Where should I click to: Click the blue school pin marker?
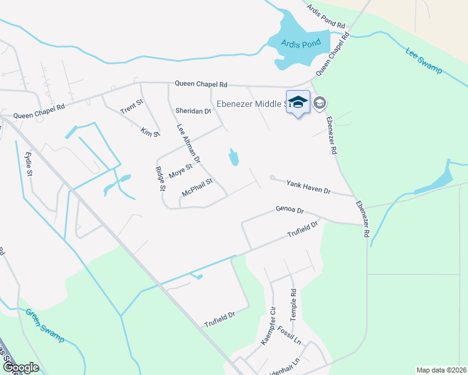click(x=298, y=102)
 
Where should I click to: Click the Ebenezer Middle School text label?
click(x=250, y=104)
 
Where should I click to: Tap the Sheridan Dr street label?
click(x=193, y=111)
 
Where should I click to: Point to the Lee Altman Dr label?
click(x=188, y=143)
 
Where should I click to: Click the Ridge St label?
click(x=161, y=178)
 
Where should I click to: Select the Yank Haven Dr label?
click(x=308, y=186)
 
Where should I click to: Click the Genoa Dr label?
click(x=289, y=211)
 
